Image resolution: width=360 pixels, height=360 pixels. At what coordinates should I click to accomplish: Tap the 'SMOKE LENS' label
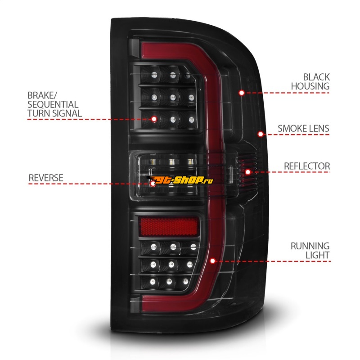[303, 128]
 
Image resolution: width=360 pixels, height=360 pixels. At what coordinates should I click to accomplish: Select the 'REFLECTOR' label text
[306, 166]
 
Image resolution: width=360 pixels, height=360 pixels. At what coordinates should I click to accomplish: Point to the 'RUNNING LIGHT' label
[310, 251]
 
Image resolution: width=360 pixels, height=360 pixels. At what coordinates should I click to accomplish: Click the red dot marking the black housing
[242, 93]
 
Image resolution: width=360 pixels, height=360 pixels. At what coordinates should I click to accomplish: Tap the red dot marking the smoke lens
[260, 134]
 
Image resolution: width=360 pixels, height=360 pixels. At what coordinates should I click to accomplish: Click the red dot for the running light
[212, 261]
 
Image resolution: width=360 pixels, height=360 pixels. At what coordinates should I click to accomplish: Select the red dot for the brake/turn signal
[154, 119]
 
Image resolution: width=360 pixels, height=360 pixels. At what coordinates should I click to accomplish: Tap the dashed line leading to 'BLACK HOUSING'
[288, 93]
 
